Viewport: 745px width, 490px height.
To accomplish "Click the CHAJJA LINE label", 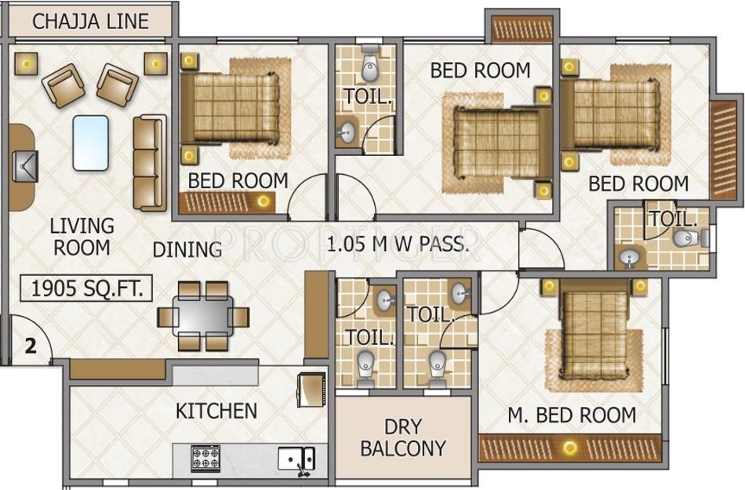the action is pos(90,22).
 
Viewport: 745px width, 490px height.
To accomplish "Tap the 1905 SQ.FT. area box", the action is pos(86,289).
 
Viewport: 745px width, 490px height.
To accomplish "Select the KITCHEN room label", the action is pos(216,411).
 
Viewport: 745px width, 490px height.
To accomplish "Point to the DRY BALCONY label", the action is pos(403,437).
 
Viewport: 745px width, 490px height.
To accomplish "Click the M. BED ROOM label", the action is pos(572,416).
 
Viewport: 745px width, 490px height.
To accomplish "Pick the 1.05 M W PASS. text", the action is pos(398,244).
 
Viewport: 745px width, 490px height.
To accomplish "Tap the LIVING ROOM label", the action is pos(82,237).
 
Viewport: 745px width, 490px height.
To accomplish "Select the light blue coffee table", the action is pos(90,143).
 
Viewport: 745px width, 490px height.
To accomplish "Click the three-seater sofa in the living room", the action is pos(150,162).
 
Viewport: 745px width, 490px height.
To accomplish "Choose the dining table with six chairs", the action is pos(203,316).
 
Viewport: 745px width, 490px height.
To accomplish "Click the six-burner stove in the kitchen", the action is pos(205,458).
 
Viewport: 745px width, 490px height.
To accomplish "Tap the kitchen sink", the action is pos(296,459).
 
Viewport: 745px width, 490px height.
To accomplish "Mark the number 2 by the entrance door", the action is pos(31,346).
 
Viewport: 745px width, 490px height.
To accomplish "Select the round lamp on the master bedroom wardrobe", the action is pos(569,447).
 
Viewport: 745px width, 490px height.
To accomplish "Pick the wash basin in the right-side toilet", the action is pos(630,258).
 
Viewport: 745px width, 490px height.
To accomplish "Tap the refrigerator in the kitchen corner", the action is pos(311,390).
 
